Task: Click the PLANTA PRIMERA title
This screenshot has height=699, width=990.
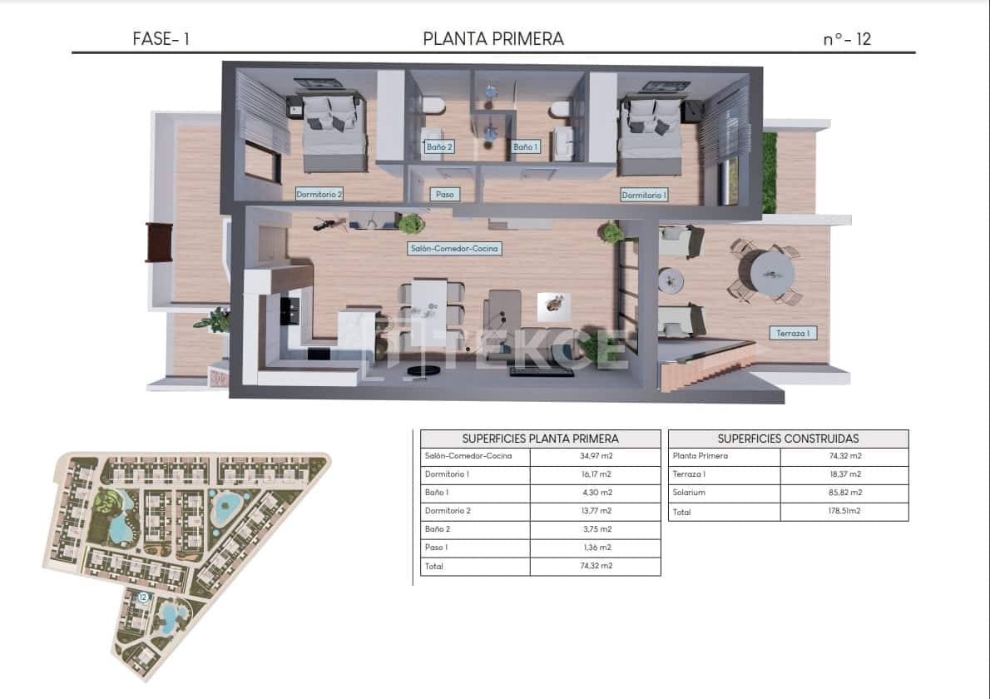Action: pos(493,38)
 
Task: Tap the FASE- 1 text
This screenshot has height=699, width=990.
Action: pos(161,38)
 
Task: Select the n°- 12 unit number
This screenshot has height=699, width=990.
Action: pos(847,38)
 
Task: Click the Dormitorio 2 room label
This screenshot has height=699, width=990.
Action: pos(319,195)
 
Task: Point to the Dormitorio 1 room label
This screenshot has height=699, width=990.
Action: pos(645,196)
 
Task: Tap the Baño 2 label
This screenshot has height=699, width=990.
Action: pos(439,147)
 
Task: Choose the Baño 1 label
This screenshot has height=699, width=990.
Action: pos(526,147)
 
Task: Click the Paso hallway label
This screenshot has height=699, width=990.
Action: pos(445,195)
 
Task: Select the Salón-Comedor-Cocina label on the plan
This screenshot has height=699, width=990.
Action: pos(455,249)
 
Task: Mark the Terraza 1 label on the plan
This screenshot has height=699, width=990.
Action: pos(793,333)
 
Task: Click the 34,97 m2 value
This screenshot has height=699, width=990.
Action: pos(595,456)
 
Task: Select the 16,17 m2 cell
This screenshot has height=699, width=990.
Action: pos(595,474)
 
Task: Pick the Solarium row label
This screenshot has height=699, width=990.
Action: pos(690,493)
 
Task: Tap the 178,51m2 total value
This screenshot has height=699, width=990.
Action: pos(844,511)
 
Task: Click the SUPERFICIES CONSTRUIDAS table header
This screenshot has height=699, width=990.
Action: pos(788,439)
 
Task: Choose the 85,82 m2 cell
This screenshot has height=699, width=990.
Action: pos(844,493)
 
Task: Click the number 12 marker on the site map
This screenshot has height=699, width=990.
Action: pos(143,597)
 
